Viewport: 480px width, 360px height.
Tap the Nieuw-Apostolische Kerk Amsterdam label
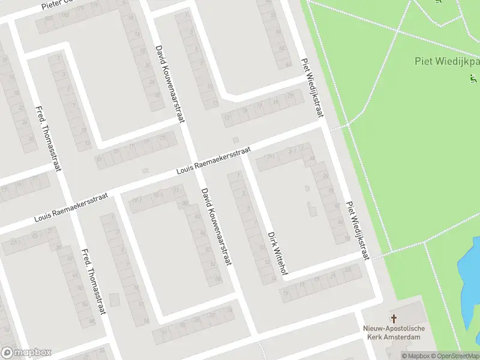click(394, 332)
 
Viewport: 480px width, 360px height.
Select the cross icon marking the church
click(394, 319)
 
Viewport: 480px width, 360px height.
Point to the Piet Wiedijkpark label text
click(447, 61)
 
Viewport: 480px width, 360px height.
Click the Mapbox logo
click(26, 353)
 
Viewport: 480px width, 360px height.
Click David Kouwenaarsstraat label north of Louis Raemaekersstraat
click(169, 84)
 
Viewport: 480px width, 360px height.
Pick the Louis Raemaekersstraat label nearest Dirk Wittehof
click(213, 163)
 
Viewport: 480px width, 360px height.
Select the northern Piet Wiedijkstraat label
click(312, 88)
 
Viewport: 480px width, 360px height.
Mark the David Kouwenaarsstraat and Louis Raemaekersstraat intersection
click(194, 168)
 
